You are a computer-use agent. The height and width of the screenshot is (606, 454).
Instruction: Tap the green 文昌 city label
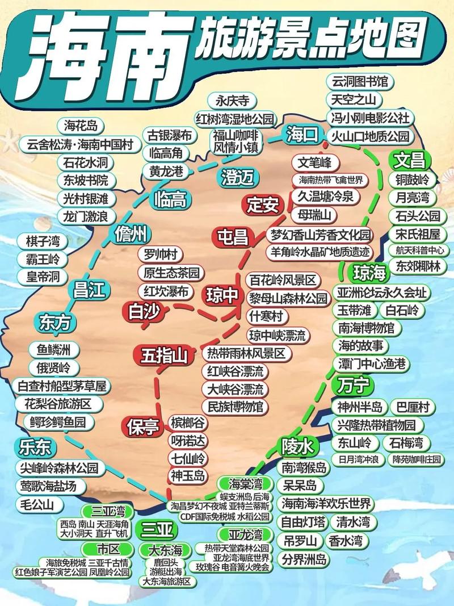tap(410, 160)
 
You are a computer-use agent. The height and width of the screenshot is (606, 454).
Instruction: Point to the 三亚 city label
tap(157, 530)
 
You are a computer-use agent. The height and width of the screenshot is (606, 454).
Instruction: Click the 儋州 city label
tap(131, 233)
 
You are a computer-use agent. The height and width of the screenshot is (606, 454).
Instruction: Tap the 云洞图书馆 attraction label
tap(360, 81)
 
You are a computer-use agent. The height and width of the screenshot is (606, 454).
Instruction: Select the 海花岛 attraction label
tap(81, 126)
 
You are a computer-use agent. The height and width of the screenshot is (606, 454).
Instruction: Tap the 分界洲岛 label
tap(305, 558)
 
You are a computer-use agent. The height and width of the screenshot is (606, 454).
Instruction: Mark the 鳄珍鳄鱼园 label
tap(58, 422)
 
